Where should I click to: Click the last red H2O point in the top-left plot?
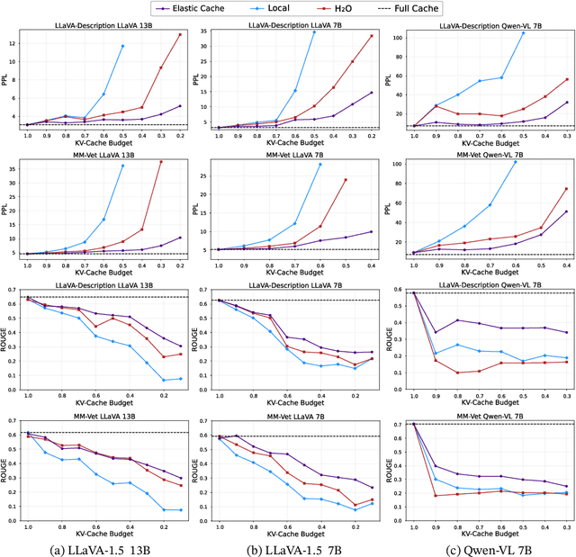pos(180,34)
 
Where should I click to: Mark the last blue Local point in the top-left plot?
pos(122,46)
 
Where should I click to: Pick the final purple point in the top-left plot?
pos(180,106)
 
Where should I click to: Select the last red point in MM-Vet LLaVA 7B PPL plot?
pos(345,179)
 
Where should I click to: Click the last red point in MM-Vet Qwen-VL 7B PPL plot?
pos(566,189)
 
